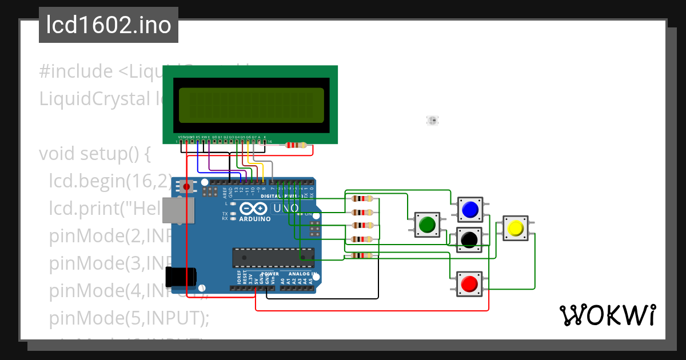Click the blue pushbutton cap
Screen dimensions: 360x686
(470, 210)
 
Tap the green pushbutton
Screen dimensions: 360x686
(427, 225)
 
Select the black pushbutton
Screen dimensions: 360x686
(469, 239)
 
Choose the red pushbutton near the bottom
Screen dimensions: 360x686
(469, 284)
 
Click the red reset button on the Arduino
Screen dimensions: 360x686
(186, 186)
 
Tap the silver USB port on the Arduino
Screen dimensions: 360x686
(174, 210)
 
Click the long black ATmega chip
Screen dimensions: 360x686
(273, 258)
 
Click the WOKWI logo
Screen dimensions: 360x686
(607, 315)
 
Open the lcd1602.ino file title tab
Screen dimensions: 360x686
(109, 25)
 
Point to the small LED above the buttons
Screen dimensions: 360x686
(432, 120)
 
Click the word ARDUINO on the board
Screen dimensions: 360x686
(254, 219)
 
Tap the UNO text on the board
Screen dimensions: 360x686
(285, 209)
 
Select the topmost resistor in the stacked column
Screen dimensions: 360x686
(362, 199)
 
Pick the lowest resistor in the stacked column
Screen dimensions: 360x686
(362, 255)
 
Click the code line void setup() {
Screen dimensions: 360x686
(94, 154)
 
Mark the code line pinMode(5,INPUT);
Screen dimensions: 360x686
(129, 318)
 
